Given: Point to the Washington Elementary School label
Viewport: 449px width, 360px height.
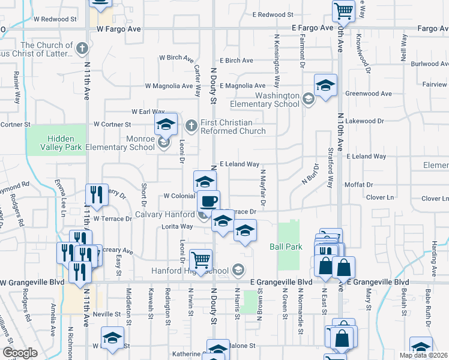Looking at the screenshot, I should point(277,100).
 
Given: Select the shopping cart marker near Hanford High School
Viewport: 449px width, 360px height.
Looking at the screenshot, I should point(200,259).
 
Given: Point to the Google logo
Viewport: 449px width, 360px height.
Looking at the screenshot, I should point(20,353).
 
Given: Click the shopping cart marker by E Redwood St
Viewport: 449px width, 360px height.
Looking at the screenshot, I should point(344,10).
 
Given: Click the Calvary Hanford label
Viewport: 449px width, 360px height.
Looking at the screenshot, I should point(164,214).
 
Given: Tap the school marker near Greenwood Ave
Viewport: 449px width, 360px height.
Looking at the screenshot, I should point(325,85).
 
